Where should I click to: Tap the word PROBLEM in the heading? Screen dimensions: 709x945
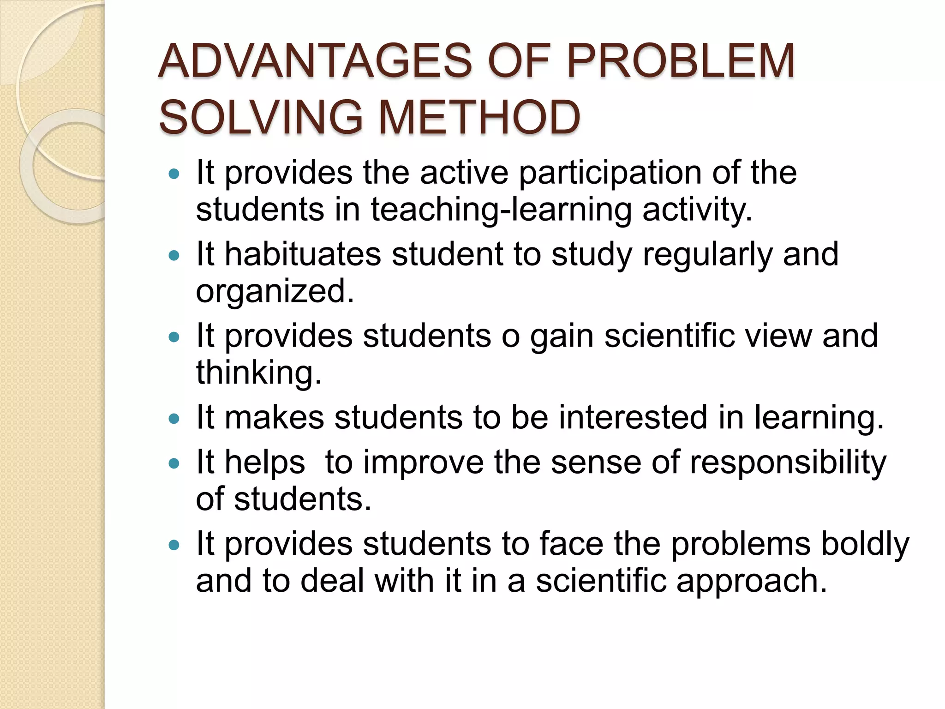coord(680,61)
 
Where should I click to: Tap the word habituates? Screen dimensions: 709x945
coord(303,254)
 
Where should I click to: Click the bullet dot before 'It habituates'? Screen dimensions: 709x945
coord(174,255)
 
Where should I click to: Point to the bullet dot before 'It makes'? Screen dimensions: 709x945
coord(174,419)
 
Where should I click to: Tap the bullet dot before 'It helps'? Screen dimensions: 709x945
coord(174,463)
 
